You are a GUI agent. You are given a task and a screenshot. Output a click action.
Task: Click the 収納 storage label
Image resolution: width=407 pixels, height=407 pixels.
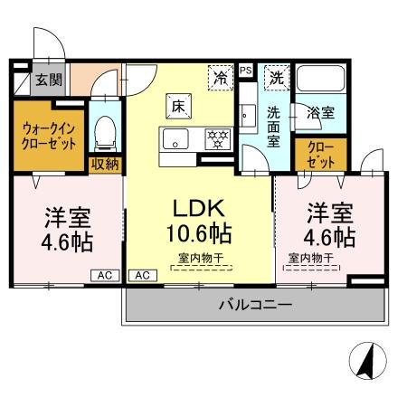104,164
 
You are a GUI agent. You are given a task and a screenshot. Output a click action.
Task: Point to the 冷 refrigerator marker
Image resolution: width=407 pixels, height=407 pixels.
219,78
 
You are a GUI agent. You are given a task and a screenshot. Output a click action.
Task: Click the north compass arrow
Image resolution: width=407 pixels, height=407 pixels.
367,363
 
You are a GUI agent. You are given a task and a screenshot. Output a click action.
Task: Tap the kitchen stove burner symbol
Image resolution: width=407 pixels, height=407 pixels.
217,139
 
